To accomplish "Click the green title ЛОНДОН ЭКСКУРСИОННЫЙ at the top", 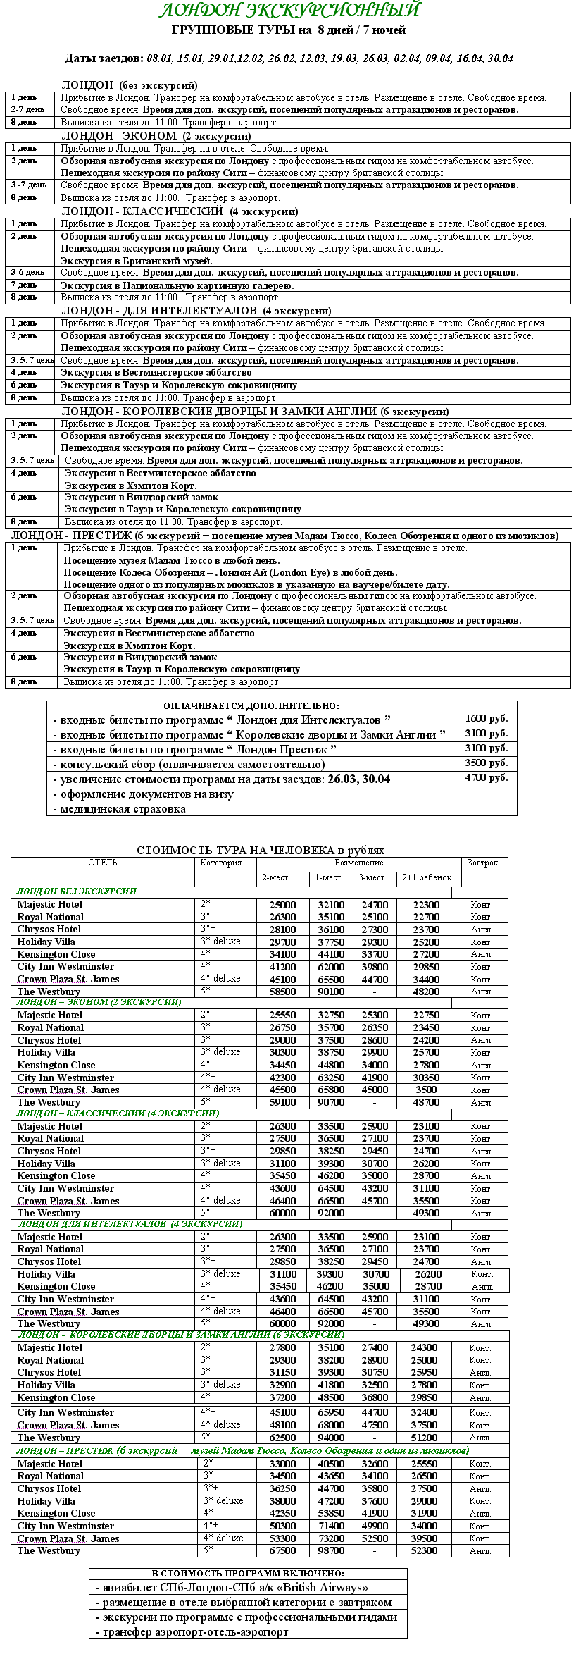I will (289, 11).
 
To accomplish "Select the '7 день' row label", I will (24, 285).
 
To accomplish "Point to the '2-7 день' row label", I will (27, 110).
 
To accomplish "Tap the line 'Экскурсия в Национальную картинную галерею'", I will (177, 285).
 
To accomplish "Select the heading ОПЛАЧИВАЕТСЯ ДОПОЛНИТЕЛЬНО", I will (251, 706).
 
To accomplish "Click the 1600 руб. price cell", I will (487, 720).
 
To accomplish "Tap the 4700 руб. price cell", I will (487, 779).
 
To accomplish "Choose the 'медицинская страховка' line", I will (120, 809).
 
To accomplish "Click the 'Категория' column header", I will (221, 863).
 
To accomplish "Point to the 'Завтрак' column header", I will (482, 863).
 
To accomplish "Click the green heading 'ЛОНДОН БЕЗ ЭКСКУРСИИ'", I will (77, 891).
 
